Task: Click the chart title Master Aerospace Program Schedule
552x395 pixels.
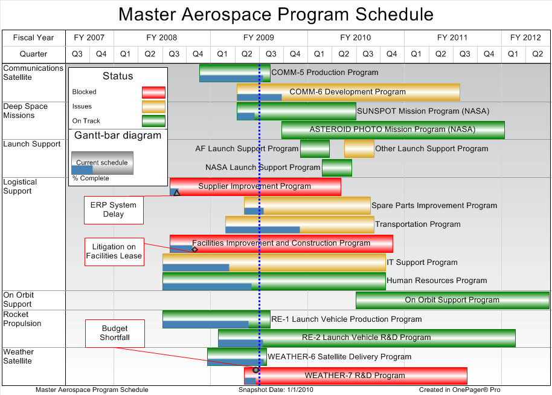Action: click(275, 15)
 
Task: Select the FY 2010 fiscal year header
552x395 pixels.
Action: click(355, 38)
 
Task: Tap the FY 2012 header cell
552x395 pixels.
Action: click(525, 38)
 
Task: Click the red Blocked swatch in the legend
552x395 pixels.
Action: click(153, 93)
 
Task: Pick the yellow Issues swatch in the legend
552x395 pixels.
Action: click(153, 106)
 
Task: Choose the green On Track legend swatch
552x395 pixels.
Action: click(153, 121)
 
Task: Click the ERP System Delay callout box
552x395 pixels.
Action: click(114, 209)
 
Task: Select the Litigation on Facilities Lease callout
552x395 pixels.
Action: click(114, 251)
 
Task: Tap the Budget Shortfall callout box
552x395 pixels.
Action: click(115, 333)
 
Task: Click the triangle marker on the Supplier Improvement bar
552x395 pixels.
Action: click(176, 192)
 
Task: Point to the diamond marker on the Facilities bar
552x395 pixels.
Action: click(194, 249)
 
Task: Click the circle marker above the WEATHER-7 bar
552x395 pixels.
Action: click(255, 370)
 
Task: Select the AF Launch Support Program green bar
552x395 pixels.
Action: click(315, 149)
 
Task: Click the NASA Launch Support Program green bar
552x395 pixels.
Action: click(336, 168)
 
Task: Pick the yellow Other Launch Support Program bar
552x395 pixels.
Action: click(359, 149)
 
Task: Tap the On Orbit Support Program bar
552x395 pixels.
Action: click(452, 300)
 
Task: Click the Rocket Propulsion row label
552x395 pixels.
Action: click(22, 319)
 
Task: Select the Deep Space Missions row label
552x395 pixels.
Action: click(25, 111)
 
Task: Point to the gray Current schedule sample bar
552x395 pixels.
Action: click(102, 163)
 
